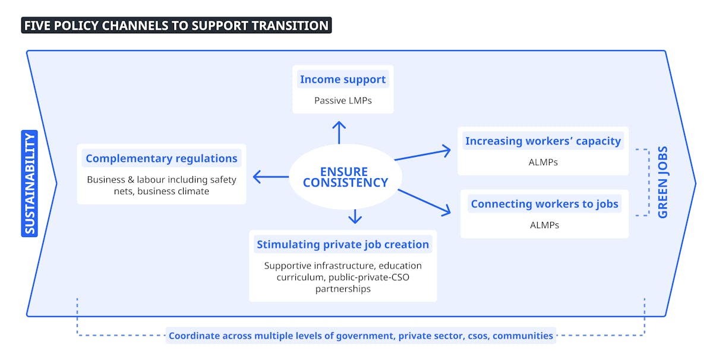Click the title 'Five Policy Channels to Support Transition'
(176, 26)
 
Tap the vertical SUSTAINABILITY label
(30, 184)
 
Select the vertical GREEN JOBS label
(663, 182)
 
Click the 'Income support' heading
(343, 79)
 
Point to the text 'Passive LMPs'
(343, 100)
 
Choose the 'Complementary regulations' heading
(162, 158)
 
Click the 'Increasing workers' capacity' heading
(543, 141)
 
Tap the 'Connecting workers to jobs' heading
(544, 204)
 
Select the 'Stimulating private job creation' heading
(343, 245)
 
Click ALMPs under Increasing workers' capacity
(543, 162)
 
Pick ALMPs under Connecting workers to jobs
(544, 225)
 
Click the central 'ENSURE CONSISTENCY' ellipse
(345, 177)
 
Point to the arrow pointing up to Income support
(339, 132)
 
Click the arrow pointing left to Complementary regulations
(271, 176)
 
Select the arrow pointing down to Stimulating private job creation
(355, 216)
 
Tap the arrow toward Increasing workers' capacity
(422, 154)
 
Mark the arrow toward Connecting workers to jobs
(424, 202)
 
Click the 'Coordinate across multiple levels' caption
(361, 336)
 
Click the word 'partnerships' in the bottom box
(343, 289)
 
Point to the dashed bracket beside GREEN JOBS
(649, 182)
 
